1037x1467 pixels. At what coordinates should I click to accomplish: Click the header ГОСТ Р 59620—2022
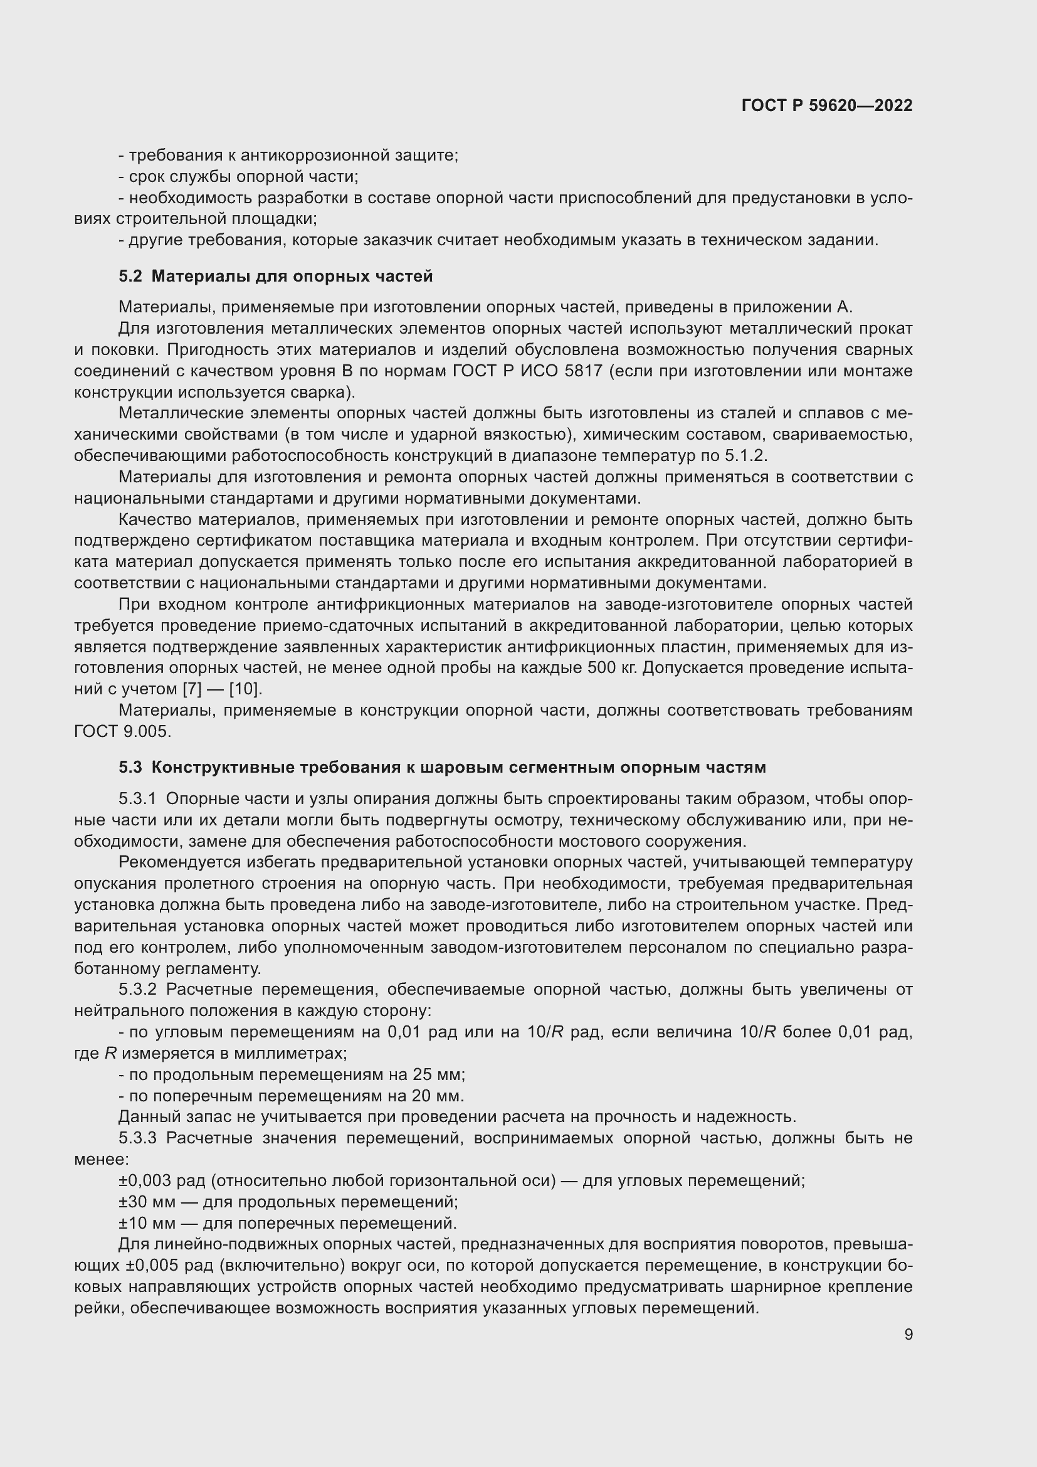pyautogui.click(x=827, y=106)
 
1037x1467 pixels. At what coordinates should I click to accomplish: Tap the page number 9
pyautogui.click(x=908, y=1334)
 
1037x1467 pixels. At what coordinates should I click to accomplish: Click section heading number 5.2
pyautogui.click(x=130, y=276)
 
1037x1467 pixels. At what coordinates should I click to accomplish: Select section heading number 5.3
pyautogui.click(x=130, y=766)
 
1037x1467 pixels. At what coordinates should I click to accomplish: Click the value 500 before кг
pyautogui.click(x=591, y=668)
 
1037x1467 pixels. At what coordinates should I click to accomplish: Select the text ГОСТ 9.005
pyautogui.click(x=123, y=731)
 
